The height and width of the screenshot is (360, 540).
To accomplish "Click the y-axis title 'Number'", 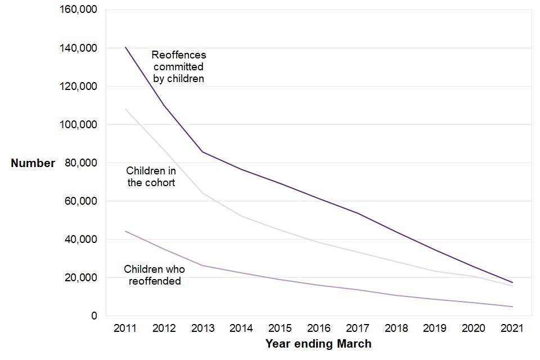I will pos(33,163).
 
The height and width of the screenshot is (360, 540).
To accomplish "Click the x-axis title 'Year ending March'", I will pos(318,344).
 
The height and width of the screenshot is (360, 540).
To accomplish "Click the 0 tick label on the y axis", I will pos(94,316).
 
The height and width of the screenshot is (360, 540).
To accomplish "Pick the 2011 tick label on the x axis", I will pos(125,328).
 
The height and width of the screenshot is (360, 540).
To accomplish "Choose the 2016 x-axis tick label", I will pos(318,328).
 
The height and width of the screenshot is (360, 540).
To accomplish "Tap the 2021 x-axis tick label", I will pos(512,328).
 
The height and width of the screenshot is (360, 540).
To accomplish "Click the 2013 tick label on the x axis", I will pos(202,328).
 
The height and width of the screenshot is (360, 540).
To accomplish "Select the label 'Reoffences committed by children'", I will pos(179,67).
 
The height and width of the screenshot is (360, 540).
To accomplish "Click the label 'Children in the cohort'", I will pos(151,176).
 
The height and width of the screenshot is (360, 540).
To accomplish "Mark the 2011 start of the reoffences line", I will pos(125,47).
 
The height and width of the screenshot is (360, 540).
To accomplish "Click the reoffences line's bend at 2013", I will pos(202,152).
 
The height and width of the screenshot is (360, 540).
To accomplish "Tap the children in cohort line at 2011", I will pos(125,109).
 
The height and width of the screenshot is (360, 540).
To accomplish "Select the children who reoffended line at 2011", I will pos(125,231).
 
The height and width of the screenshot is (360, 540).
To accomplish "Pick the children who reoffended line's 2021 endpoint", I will pos(512,307).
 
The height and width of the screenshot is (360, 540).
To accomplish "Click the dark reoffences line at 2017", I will pos(357,213).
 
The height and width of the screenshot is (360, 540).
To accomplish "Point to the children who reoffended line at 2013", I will pos(202,265).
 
